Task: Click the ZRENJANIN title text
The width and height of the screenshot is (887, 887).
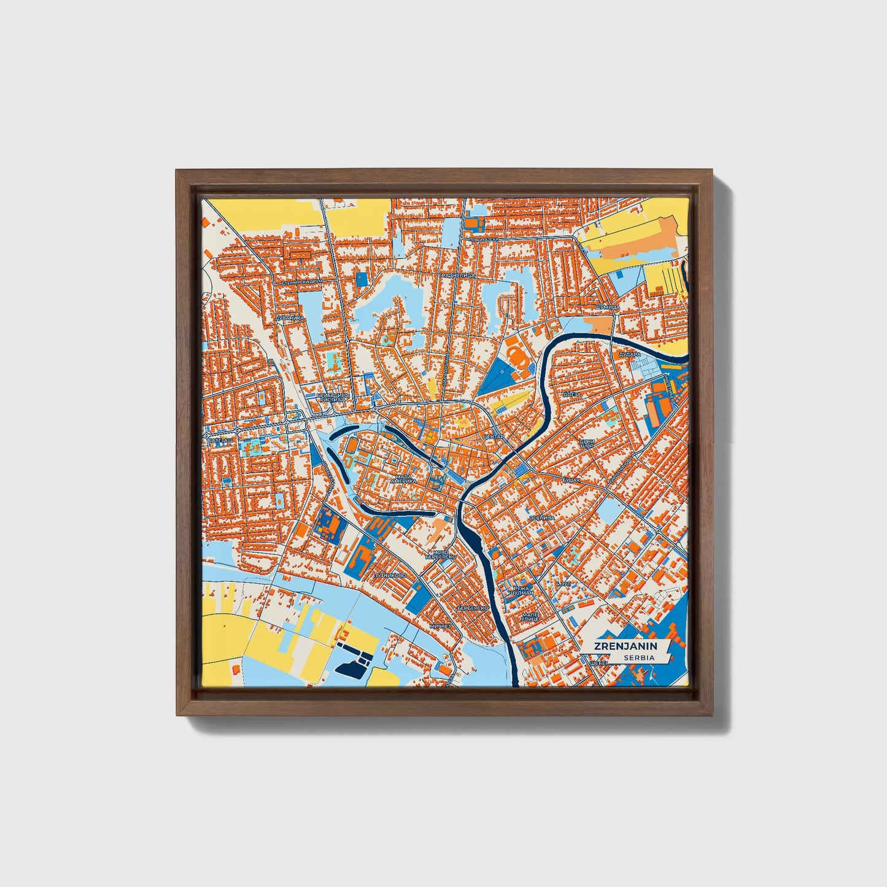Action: coord(625,646)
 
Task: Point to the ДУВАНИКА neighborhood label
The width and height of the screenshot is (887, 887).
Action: coord(289,318)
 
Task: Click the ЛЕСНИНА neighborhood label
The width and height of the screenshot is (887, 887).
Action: coord(541,518)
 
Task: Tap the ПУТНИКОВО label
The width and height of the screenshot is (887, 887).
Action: coord(389,576)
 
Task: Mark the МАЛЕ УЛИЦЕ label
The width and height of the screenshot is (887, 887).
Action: coord(529,616)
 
